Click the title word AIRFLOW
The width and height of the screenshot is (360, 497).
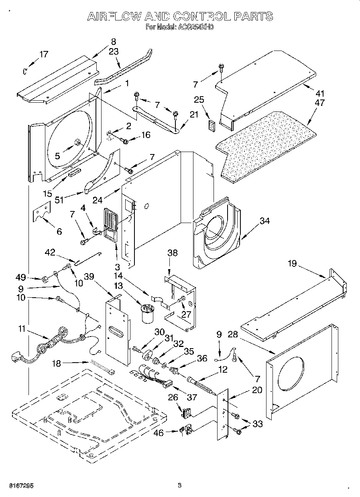click(114, 16)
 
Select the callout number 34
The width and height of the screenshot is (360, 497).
click(264, 221)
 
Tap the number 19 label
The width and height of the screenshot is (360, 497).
click(292, 264)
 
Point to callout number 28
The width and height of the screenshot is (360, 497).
click(233, 335)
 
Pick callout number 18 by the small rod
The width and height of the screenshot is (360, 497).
click(57, 363)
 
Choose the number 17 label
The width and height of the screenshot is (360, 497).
click(44, 55)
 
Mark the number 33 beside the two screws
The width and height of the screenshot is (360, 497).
click(258, 424)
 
